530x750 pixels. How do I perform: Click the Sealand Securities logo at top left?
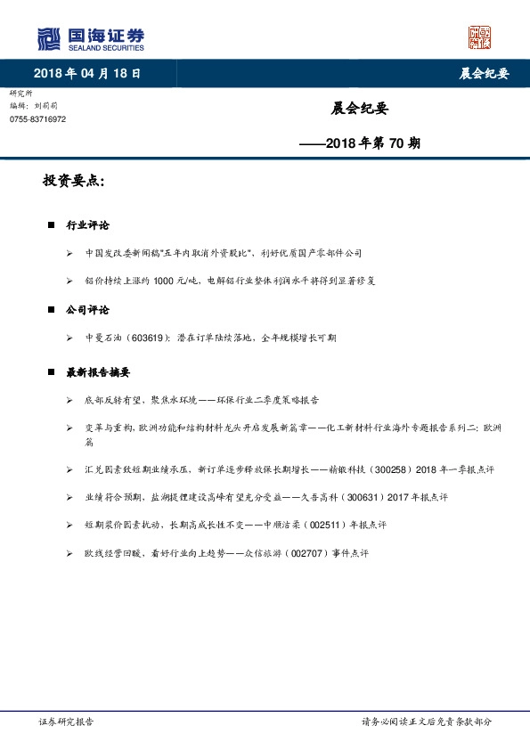(x=90, y=38)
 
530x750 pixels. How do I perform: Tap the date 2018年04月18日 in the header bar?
(x=86, y=73)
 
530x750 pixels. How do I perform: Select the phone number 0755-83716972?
(x=37, y=118)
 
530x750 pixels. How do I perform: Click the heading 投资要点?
(x=74, y=181)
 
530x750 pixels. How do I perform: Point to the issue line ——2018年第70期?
(x=360, y=142)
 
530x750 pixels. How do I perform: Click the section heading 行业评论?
(x=87, y=225)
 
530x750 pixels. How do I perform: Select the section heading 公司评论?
(x=87, y=310)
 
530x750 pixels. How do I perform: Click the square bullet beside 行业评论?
(x=51, y=225)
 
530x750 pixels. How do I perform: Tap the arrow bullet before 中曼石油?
(x=69, y=338)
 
